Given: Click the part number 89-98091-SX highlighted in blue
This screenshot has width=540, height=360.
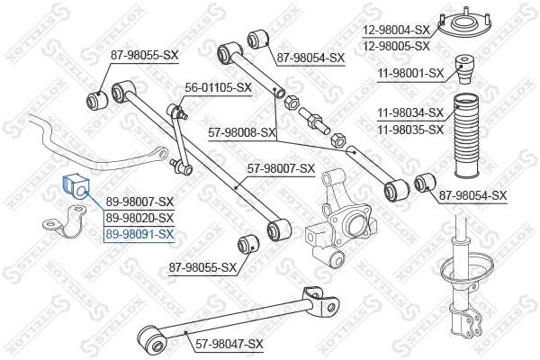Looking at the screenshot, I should (139, 234).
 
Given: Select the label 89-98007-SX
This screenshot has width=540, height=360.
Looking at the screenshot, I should (139, 202).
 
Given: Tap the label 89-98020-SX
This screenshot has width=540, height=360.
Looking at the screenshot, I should (139, 218).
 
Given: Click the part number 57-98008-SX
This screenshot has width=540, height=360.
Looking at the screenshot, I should (242, 132).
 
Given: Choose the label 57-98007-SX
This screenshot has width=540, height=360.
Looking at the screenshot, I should (281, 167).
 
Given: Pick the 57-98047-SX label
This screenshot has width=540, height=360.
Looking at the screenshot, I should (229, 344).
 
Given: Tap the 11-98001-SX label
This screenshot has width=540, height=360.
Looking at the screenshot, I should (411, 72).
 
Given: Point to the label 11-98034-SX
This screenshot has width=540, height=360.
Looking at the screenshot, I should (411, 113).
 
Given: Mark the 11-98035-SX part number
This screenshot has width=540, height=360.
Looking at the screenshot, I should (411, 129).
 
